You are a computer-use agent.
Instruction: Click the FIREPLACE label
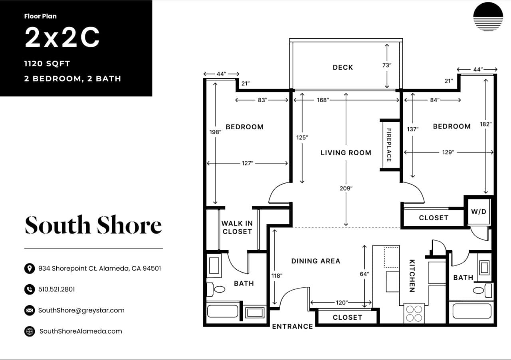point(388,144)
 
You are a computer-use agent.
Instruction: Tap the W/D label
point(479,212)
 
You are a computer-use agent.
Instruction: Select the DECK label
point(343,67)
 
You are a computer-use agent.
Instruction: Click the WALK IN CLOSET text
point(237,227)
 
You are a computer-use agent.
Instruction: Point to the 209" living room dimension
point(346,188)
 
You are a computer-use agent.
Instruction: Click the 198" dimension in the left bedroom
point(214,131)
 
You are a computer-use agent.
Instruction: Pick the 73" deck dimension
point(387,65)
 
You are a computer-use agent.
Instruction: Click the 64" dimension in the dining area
point(364,274)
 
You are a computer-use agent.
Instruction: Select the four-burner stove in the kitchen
point(414,313)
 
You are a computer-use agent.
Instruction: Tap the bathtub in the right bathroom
point(472,311)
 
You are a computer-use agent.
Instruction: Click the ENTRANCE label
point(292,326)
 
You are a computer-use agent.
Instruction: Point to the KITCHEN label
point(412,276)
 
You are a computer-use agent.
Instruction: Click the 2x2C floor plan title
point(62,38)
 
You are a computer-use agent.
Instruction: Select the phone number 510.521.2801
point(56,289)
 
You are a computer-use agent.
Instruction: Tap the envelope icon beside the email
point(29,310)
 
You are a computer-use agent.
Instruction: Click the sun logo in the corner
point(488,17)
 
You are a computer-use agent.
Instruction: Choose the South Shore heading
point(93,225)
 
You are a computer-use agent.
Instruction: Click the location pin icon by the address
point(29,268)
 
